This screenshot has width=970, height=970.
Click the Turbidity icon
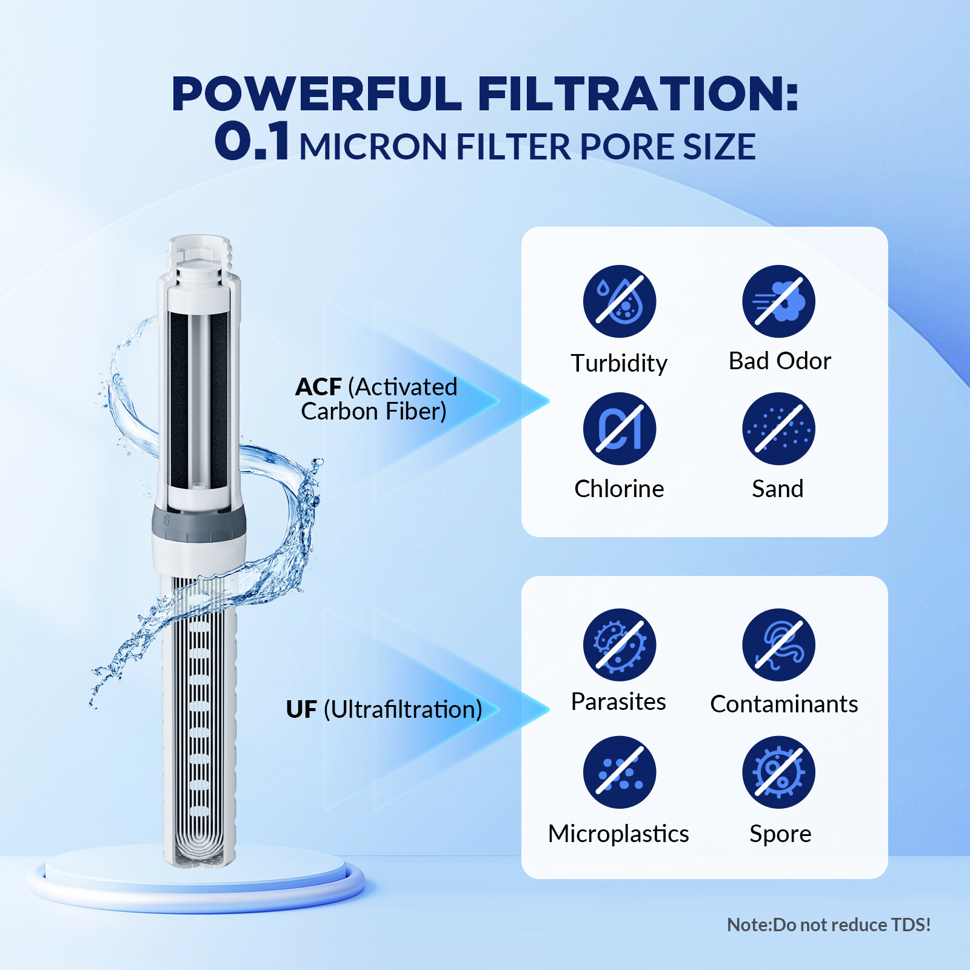coord(619,301)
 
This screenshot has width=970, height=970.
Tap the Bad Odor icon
coord(778,301)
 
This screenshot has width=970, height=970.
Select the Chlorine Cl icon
coord(619,429)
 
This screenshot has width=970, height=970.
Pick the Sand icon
coord(778,429)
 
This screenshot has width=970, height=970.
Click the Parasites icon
coord(619,644)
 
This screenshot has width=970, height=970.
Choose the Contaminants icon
coord(778,644)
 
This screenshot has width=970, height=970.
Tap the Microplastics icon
coord(619,772)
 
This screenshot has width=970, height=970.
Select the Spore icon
coord(778,772)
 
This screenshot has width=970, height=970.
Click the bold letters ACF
coord(318,387)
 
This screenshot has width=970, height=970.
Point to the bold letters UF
coord(301,709)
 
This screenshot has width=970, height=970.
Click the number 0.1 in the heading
coord(252,141)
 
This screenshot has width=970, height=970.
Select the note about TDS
coord(828,925)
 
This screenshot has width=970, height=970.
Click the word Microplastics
coord(618,834)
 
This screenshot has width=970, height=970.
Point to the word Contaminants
coord(783,704)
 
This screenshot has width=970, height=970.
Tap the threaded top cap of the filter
coord(199,255)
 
